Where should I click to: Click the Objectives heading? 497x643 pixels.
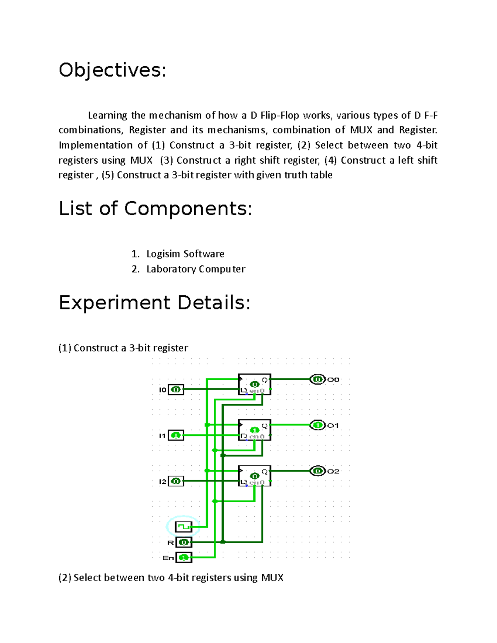coord(112,70)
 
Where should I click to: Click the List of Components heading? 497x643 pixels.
coord(155,208)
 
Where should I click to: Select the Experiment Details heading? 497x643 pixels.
coord(154,303)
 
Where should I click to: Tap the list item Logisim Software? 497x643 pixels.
coord(185,254)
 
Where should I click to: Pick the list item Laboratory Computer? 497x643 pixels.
coord(195,269)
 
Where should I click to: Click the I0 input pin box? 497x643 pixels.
coord(176,390)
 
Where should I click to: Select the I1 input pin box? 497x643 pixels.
coord(176,436)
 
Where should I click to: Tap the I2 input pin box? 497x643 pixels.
coord(176,481)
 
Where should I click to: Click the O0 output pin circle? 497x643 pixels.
coord(318,379)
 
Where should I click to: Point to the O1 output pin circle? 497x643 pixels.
coord(318,425)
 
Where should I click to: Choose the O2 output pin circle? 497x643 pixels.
coord(318,471)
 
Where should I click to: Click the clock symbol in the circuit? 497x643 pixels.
coord(183,527)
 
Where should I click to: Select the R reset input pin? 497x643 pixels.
coord(183,542)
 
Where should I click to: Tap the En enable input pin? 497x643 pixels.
coord(183,558)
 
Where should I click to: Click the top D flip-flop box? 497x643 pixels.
coord(255,384)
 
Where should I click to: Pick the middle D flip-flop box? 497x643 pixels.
coord(255,430)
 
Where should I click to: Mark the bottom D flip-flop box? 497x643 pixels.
coord(255,476)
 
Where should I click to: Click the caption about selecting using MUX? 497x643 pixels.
coord(171,578)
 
